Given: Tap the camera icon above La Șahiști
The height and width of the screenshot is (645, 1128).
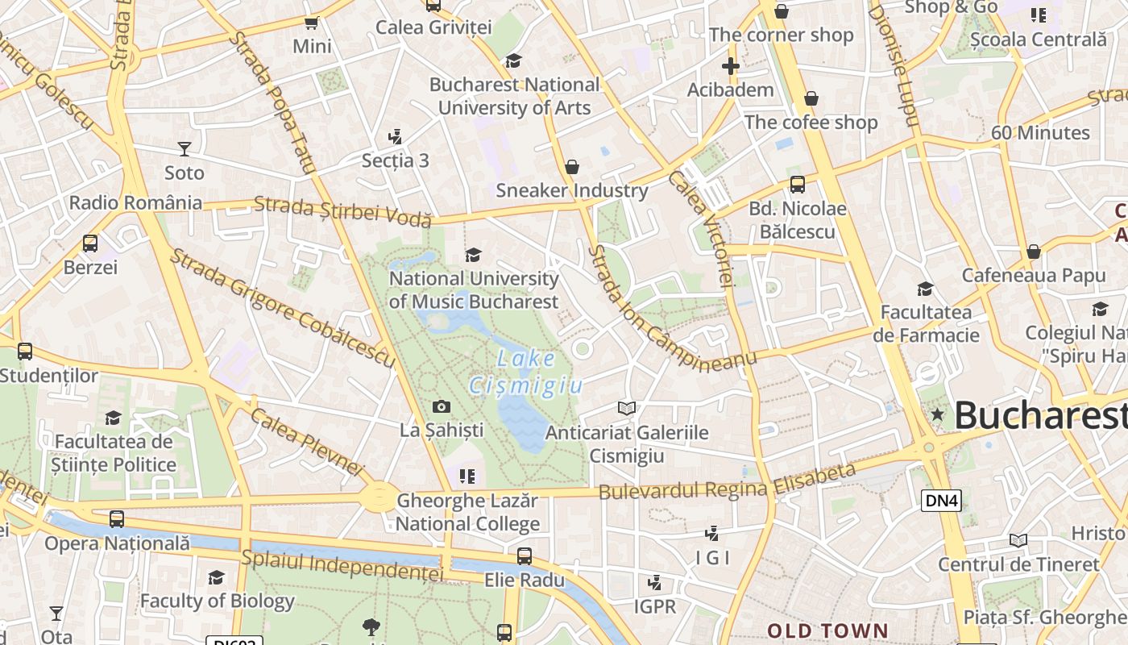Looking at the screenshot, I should point(442,406).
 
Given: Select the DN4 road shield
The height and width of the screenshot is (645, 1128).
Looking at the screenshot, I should point(941,501).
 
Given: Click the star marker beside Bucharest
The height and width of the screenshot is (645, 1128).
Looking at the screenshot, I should point(937,414).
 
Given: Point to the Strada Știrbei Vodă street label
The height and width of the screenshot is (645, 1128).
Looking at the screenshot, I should point(343,211).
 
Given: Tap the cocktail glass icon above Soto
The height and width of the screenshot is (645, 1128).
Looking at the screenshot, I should point(185,148).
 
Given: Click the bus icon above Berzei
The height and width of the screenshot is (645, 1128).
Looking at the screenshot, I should point(90,243).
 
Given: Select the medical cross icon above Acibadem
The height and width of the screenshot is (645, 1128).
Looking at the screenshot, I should point(731,66).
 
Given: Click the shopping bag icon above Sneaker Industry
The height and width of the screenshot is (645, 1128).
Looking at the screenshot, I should point(572,167).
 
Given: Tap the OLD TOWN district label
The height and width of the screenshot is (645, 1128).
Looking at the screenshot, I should point(827,630).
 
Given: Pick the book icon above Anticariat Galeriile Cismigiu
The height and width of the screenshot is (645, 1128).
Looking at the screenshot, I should point(627,408).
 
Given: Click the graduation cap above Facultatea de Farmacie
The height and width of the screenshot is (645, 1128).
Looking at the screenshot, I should point(925,289).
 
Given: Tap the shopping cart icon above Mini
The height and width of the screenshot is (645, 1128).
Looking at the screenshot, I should point(311,23).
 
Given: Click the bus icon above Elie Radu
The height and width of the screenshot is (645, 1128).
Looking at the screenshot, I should point(525,556).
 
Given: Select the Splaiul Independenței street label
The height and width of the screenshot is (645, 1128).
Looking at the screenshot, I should point(342,565).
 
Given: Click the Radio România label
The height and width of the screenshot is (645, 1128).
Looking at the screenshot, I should point(135,202).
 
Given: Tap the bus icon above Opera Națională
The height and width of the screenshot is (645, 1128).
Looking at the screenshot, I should point(117,519).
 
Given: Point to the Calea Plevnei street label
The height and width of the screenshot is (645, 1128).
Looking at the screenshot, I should point(307,440).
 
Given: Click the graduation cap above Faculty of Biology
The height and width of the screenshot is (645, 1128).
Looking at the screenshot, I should point(216,577).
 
